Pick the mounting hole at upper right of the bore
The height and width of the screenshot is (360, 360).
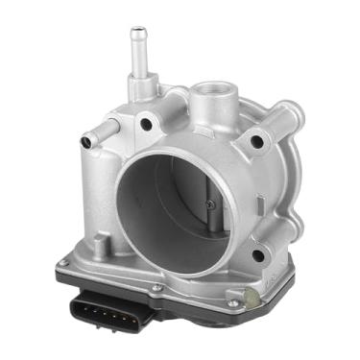click(256, 142)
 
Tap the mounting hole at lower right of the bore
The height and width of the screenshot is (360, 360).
click(256, 254)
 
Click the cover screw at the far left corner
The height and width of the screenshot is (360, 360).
click(64, 261)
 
